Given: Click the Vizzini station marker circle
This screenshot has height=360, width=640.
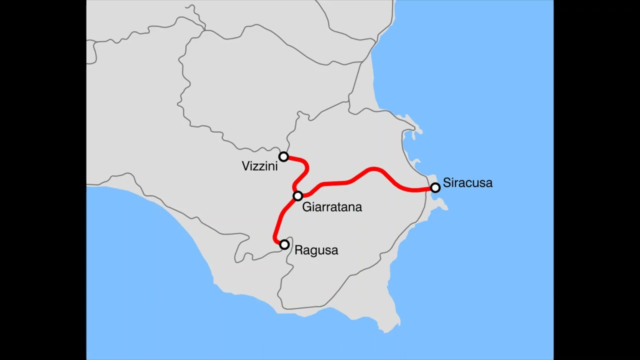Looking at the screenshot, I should point(283,157).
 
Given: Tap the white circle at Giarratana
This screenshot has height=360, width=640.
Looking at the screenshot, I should point(298,196).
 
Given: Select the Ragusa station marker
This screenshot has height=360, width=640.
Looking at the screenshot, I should point(284,244).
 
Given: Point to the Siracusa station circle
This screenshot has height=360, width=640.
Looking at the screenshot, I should point(435,187).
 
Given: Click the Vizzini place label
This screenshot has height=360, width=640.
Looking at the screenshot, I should point(259,166).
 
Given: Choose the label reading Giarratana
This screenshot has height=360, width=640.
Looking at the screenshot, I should point(332,207).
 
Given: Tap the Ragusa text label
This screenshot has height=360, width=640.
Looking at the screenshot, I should point(316,250).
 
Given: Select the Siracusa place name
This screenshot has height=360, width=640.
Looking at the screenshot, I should point(467,183).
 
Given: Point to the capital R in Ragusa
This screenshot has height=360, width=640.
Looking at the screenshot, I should point(298,250).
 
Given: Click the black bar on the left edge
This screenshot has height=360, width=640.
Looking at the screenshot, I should point(43,180).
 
